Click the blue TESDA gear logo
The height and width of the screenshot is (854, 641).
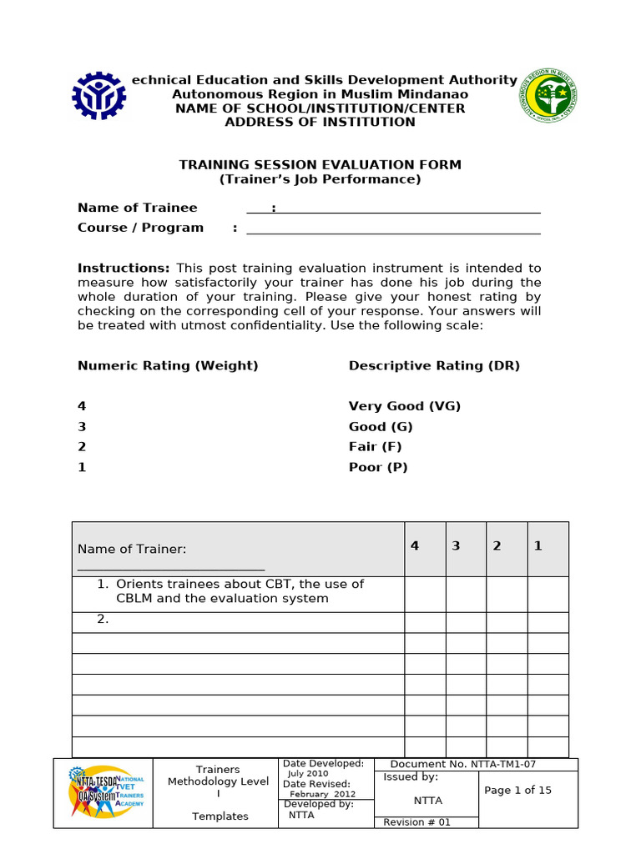click(99, 97)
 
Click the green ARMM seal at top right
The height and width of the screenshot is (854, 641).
click(547, 97)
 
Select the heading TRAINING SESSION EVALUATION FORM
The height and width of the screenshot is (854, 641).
click(320, 165)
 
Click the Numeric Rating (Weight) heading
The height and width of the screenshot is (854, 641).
click(168, 366)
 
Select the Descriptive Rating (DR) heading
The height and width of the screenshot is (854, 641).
click(434, 366)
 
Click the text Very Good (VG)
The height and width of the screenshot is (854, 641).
click(405, 406)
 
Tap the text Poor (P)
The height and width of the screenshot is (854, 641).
click(378, 467)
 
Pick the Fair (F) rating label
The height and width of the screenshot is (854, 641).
click(375, 447)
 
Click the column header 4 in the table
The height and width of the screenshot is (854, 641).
click(415, 546)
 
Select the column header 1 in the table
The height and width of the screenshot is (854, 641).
click(538, 546)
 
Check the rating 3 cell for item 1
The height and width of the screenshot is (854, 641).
click(466, 594)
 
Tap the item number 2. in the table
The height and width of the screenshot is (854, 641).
click(103, 620)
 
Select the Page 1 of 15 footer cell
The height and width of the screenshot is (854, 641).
click(517, 791)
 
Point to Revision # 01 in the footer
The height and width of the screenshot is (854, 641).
click(416, 822)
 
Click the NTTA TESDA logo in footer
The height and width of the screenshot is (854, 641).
click(103, 793)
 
